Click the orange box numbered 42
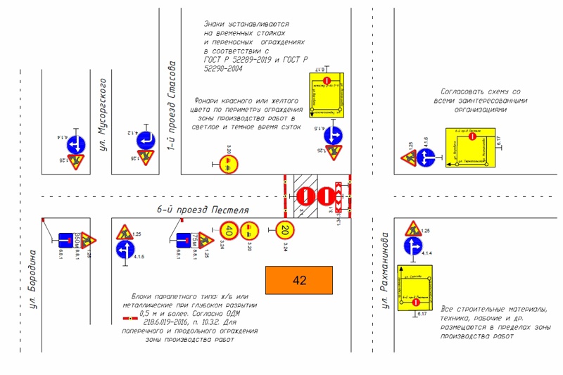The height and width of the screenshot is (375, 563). point(299,281)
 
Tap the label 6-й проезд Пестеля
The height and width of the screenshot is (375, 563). point(203,210)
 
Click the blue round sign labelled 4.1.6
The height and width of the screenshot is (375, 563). point(426,158)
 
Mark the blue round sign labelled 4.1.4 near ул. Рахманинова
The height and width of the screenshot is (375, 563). point(412,247)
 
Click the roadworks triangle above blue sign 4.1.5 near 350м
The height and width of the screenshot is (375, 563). point(125,231)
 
